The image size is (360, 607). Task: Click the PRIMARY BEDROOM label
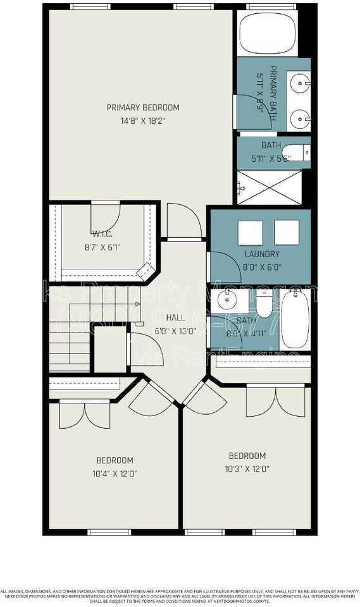click(x=142, y=107)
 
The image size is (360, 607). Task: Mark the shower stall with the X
click(x=273, y=187)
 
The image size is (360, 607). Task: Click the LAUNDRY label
click(x=261, y=254)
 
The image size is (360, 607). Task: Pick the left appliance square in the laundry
click(x=250, y=232)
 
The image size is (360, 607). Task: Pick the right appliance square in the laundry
click(x=287, y=232)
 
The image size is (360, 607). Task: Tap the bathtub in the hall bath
click(x=294, y=319)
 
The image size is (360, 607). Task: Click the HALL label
click(x=175, y=317)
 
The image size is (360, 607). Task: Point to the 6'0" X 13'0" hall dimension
click(x=175, y=330)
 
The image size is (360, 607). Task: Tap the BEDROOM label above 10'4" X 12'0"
click(x=115, y=460)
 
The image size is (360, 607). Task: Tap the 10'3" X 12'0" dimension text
click(x=247, y=469)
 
